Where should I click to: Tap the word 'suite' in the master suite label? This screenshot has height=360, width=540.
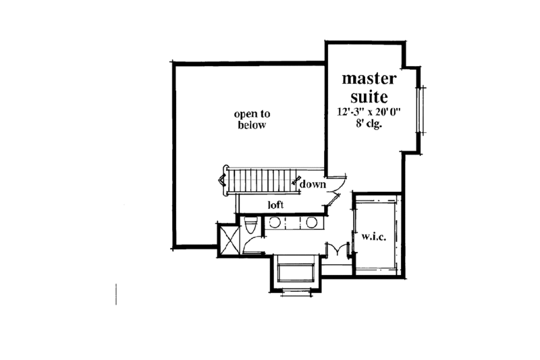point(369,97)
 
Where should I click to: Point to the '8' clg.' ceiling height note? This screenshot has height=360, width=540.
point(369,125)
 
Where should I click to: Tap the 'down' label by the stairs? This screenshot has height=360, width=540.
point(313,184)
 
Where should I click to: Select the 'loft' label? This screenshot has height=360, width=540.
point(275,204)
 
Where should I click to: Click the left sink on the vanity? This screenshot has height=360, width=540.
point(276,223)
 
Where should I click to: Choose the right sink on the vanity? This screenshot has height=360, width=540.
point(313,223)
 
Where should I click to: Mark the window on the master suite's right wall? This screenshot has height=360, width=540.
point(422,110)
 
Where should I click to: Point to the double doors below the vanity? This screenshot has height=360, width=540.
point(335,251)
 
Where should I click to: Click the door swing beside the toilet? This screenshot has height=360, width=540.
point(253,247)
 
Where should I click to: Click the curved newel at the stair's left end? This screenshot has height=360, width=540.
point(223,181)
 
